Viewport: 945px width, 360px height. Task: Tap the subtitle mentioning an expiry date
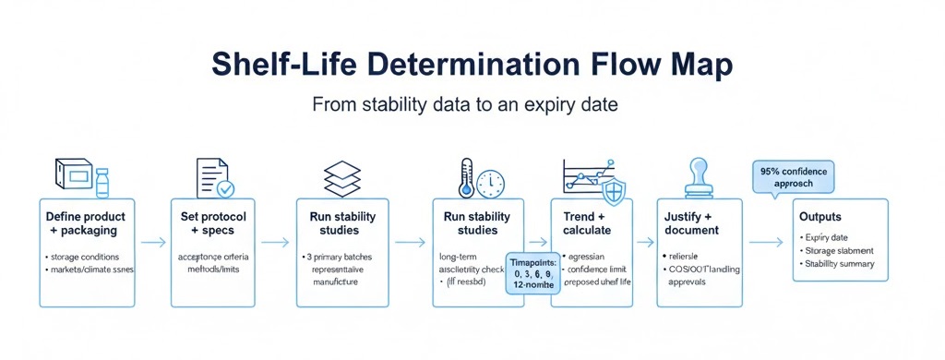[464, 104]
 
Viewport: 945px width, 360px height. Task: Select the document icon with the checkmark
[215, 177]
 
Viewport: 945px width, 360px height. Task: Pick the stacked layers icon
[342, 177]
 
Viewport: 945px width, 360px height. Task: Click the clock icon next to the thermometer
[490, 182]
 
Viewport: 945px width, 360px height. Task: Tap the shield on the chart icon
[613, 192]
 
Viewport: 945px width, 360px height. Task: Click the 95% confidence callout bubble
[794, 177]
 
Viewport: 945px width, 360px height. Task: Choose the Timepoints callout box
[534, 274]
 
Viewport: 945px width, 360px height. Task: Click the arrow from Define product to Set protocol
[152, 243]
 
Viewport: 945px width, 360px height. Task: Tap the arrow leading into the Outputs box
[764, 243]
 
